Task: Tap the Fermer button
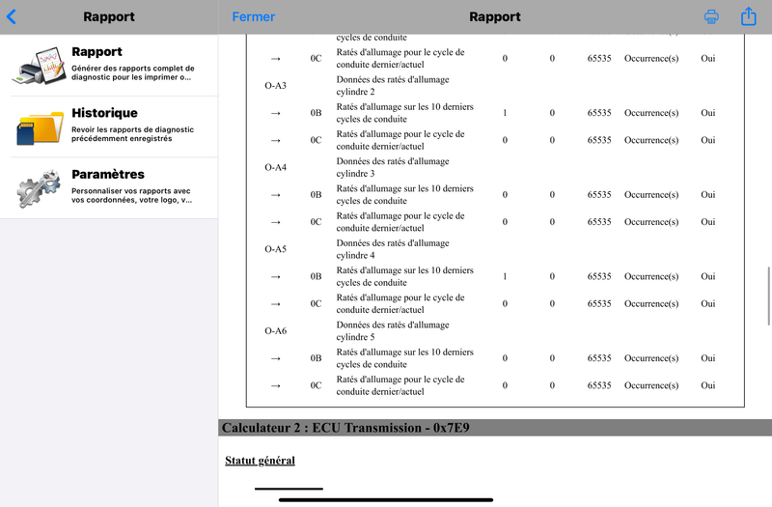253,16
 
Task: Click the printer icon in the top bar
711,16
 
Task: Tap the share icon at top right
748,16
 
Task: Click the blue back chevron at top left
12,16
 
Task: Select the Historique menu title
104,113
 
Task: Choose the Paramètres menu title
108,175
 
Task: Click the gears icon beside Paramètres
39,187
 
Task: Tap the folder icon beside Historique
39,127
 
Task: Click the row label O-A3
275,86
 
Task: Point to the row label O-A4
275,168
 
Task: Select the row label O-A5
275,249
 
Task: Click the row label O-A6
275,331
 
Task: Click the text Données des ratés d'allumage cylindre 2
393,86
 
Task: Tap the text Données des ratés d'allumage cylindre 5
393,331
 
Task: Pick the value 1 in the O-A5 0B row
505,276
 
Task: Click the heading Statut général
260,461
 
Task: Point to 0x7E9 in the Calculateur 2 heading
444,428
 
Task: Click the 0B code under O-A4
316,195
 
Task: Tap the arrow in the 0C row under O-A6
275,385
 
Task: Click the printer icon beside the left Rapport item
39,66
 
